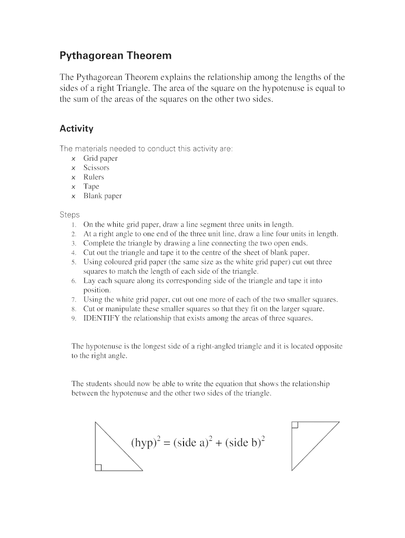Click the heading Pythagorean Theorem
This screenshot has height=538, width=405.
[x=115, y=55]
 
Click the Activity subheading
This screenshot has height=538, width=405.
[x=76, y=129]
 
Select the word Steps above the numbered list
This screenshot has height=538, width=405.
[x=70, y=214]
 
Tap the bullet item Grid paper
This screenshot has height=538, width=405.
[x=100, y=158]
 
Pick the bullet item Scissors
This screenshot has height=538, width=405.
[x=96, y=168]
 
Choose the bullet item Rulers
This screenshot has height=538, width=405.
[x=94, y=177]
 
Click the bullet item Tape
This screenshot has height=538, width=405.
[x=91, y=187]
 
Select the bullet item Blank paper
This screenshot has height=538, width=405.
[x=103, y=196]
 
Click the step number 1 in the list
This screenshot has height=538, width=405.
[x=75, y=224]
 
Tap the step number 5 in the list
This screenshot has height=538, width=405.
[x=75, y=262]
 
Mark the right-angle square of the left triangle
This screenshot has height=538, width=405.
[x=98, y=467]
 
